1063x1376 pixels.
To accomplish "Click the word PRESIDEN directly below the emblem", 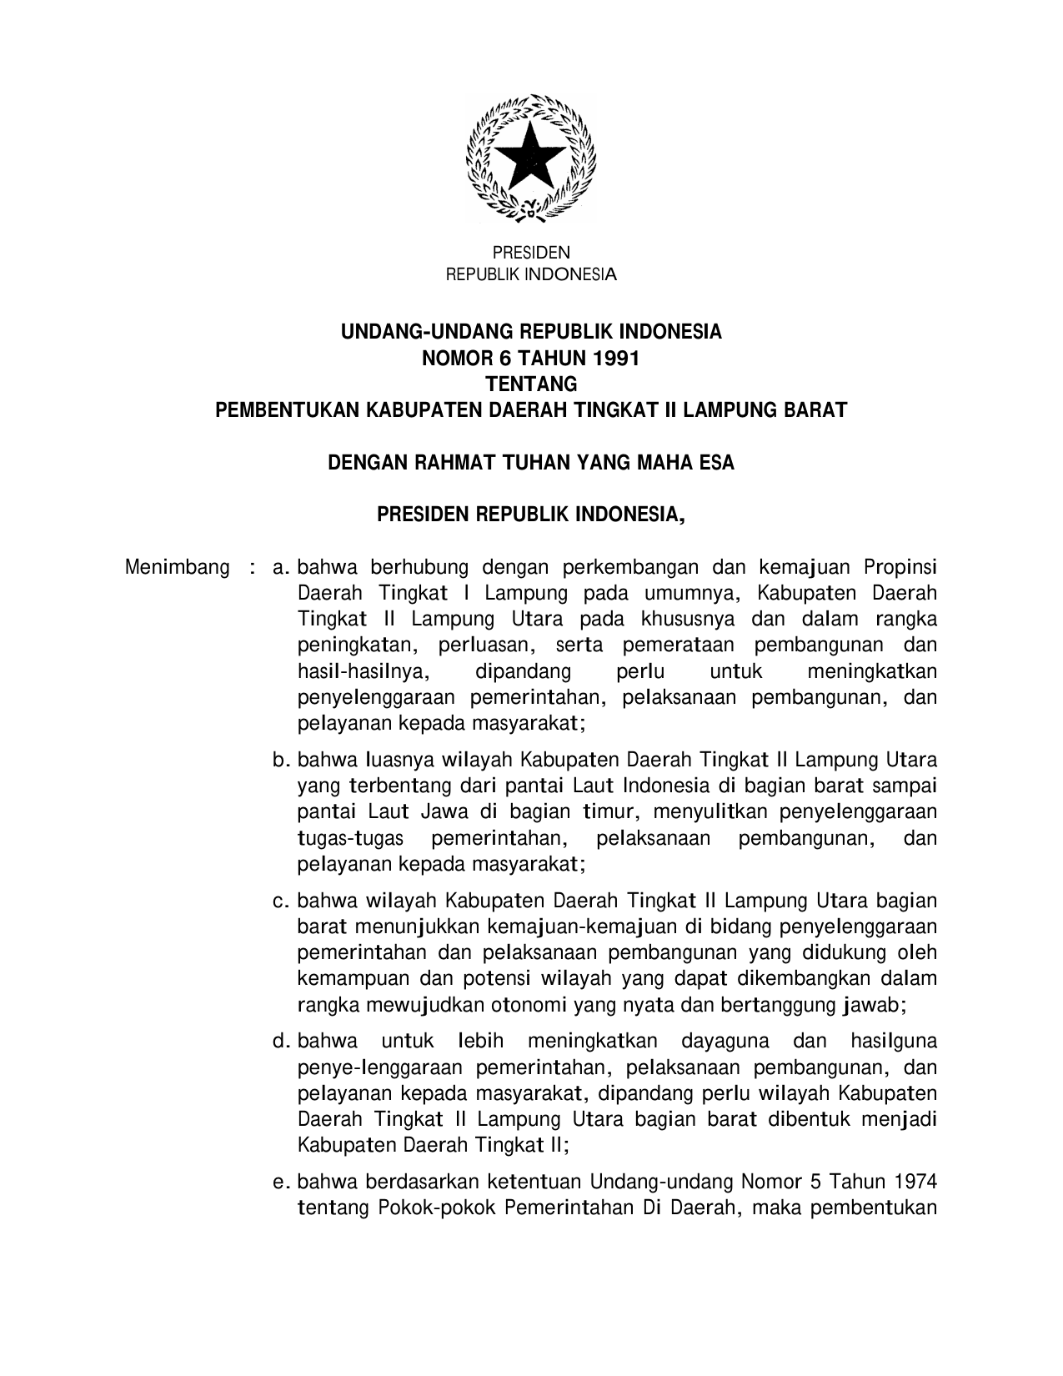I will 531,253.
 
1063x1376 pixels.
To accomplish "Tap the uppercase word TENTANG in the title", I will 531,384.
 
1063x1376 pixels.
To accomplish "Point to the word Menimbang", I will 177,568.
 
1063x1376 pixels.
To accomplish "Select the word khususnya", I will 689,620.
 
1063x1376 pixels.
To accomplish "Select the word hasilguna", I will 893,1042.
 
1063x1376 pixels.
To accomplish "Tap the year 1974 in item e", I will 915,1182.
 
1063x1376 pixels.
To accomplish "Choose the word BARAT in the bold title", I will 814,410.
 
